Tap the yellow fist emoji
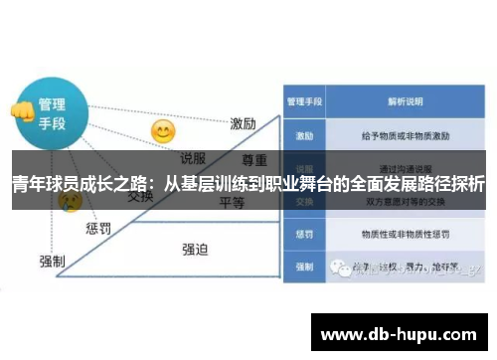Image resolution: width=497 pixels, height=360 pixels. [21, 110]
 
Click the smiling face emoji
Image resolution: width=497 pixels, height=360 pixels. [162, 131]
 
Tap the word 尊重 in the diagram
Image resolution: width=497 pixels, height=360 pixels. [256, 159]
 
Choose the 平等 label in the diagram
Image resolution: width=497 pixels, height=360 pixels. [232, 202]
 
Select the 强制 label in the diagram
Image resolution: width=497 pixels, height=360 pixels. [53, 261]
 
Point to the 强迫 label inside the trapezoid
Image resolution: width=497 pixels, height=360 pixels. [196, 250]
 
